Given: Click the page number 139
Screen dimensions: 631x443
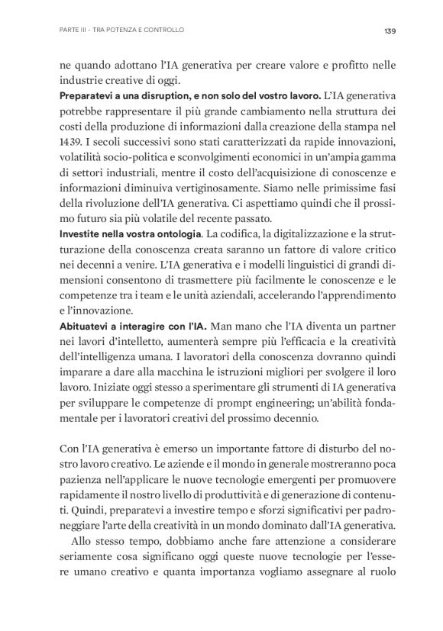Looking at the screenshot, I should point(389,31).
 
